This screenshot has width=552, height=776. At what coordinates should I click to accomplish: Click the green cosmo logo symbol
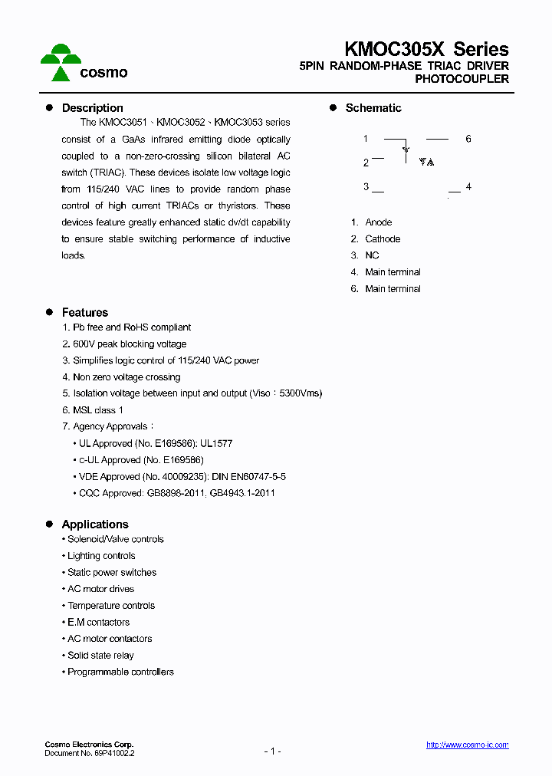tap(61, 62)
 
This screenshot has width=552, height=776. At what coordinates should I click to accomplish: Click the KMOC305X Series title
tap(426, 49)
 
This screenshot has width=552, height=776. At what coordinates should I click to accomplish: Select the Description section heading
tap(92, 108)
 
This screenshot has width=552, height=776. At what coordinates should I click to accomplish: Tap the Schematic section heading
tap(373, 108)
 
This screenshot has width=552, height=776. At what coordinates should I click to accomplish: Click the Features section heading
tap(84, 313)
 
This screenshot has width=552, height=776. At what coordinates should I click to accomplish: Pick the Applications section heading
tap(95, 524)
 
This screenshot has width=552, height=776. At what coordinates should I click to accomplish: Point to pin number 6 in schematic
tap(468, 139)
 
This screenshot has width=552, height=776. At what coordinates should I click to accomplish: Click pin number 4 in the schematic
tap(468, 187)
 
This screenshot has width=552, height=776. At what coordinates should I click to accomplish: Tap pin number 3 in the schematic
tap(366, 186)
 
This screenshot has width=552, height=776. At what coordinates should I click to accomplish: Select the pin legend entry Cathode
tap(382, 239)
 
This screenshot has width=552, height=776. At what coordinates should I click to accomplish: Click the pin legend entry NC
tap(372, 255)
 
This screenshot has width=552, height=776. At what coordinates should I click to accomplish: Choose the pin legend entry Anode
tap(378, 222)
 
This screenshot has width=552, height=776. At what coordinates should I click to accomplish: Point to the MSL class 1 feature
tap(97, 410)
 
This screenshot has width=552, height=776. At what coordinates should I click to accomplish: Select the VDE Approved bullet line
tap(182, 477)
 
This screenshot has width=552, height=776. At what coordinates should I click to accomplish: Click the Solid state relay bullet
tap(100, 656)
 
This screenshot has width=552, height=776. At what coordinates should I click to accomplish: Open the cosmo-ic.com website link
tap(467, 745)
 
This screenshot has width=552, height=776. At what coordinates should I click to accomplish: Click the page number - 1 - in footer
tap(272, 751)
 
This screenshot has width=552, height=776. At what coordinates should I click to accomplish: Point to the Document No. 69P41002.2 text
tap(90, 754)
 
